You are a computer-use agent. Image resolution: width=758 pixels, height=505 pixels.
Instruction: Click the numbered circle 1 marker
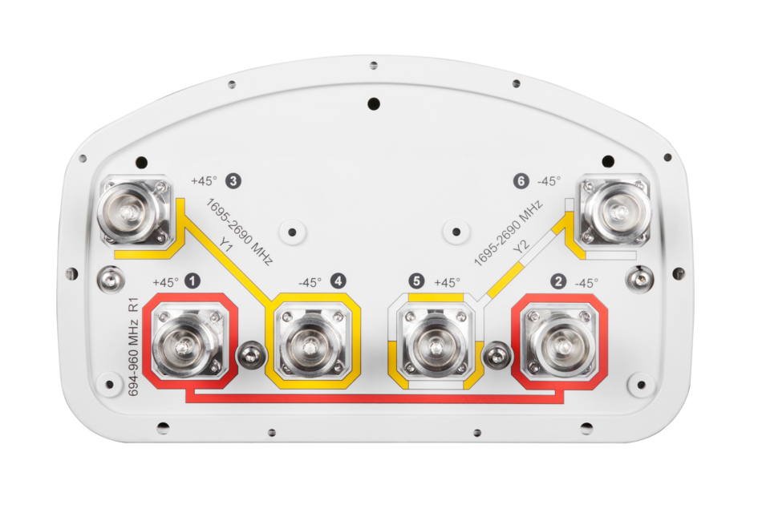193,281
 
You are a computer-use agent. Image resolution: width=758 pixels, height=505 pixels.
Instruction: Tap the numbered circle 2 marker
559,281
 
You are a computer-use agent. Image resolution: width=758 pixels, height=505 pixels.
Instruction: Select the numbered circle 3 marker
233,181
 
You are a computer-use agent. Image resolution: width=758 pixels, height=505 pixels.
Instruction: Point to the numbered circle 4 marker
338,281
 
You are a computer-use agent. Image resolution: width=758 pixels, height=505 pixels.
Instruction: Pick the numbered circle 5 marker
416,281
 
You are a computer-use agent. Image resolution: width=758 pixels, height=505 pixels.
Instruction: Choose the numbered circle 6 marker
521,181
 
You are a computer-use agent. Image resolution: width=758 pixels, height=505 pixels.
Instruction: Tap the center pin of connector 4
309,347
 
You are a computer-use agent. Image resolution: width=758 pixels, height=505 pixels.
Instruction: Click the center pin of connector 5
435,347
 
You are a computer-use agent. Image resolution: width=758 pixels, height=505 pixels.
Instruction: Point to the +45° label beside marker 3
204,181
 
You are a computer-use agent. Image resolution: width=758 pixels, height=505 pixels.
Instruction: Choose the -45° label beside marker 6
549,181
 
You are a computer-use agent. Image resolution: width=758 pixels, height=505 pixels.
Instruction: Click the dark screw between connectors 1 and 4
250,355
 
